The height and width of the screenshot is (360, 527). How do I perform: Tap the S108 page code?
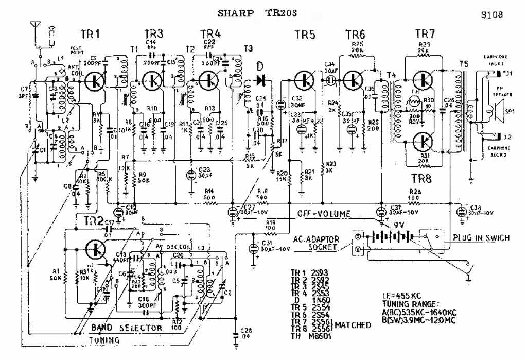[x=491, y=14]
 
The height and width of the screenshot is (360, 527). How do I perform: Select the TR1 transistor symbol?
[x=95, y=80]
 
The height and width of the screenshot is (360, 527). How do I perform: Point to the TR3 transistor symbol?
[x=152, y=80]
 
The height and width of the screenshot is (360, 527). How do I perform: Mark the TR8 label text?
[x=425, y=178]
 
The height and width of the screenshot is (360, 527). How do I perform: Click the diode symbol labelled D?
[x=259, y=80]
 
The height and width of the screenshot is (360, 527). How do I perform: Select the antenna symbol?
[x=35, y=27]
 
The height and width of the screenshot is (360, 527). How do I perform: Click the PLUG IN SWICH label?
[x=481, y=238]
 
